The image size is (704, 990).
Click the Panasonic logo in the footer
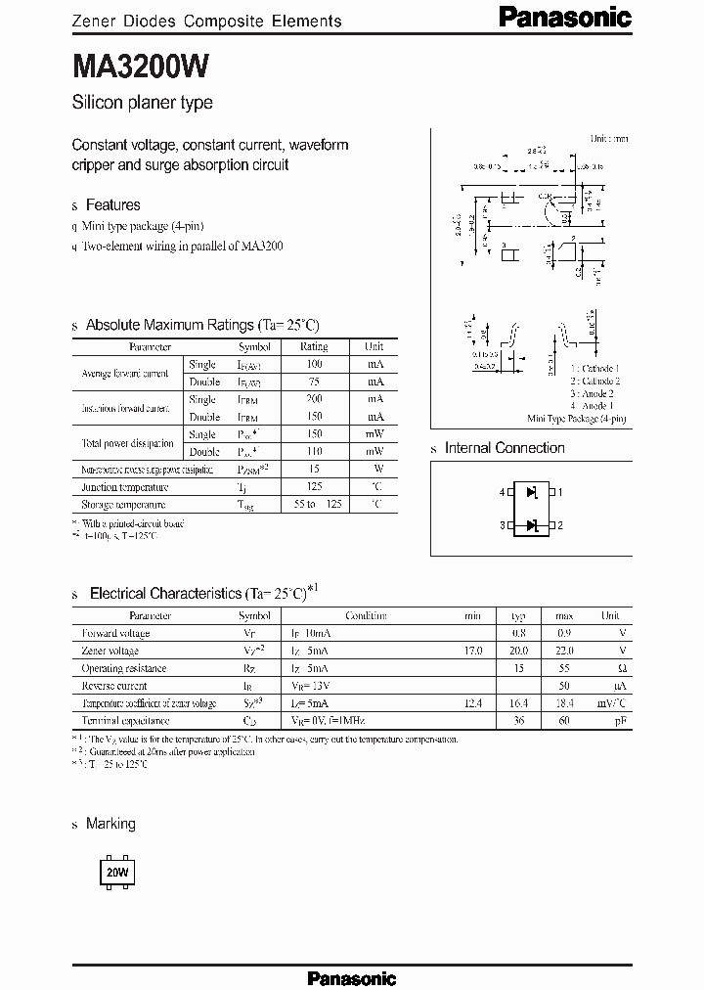[x=351, y=977]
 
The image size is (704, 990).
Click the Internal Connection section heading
[x=505, y=448]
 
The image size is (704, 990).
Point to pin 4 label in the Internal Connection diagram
[x=503, y=492]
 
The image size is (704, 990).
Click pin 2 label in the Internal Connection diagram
[x=560, y=525]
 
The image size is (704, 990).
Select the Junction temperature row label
[x=113, y=487]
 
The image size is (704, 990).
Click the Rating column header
[x=314, y=346]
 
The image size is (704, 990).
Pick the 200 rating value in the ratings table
[x=314, y=399]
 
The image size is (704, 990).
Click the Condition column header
[x=366, y=616]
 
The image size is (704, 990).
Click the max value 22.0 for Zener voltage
[x=563, y=651]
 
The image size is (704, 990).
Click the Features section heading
[x=112, y=204]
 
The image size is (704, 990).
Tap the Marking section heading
[x=110, y=824]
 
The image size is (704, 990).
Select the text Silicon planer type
[x=142, y=103]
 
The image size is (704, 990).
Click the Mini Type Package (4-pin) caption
[x=577, y=418]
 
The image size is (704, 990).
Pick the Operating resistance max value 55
[x=564, y=668]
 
